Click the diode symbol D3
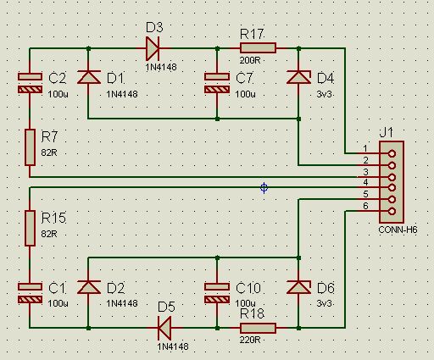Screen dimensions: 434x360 [153, 48]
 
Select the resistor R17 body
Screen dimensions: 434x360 [258, 48]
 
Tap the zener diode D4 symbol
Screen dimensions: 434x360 [298, 77]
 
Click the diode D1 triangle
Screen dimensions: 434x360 [89, 77]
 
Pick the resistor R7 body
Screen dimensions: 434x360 [30, 147]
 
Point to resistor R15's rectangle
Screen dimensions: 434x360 [30, 228]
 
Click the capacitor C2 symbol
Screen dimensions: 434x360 [30, 83]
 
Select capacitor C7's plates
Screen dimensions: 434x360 [217, 83]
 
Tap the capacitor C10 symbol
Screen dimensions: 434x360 [217, 293]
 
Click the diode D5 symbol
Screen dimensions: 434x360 [164, 328]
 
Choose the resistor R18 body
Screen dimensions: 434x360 [258, 328]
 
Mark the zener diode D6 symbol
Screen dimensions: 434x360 [298, 287]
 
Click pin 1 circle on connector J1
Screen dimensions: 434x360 [392, 154]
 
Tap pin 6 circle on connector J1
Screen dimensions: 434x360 [392, 211]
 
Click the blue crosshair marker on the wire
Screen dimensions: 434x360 [264, 188]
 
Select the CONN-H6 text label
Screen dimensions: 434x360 [398, 230]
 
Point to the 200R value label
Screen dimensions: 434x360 [250, 60]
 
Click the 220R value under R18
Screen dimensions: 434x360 [250, 340]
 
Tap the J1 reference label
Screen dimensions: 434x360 [386, 132]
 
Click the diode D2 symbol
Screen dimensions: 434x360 [89, 287]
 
